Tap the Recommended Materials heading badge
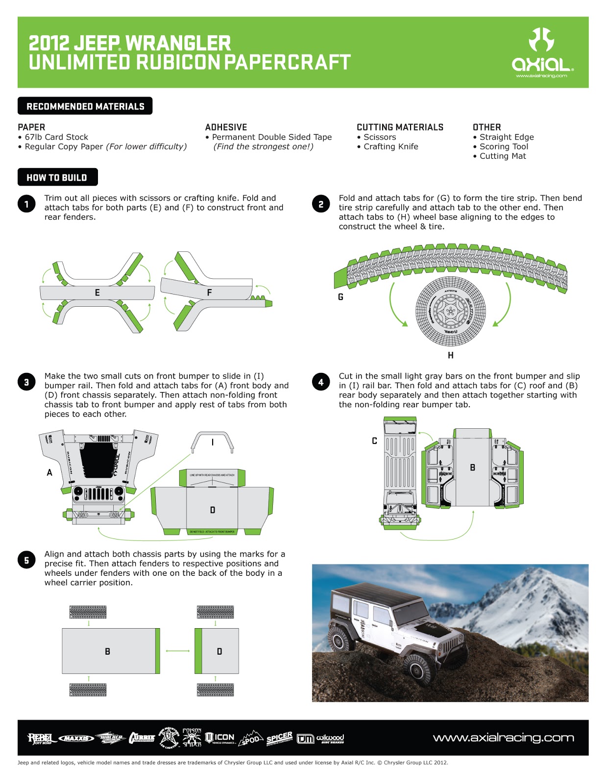pos(85,106)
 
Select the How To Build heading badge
pos(57,177)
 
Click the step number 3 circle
pos(26,382)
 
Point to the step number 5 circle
pos(26,560)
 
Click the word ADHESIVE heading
pos(226,127)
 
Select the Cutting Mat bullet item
pos(502,156)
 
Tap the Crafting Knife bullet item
pos(390,147)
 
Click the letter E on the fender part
pos(97,293)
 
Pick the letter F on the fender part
pos(209,293)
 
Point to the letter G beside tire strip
pos(340,297)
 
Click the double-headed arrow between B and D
pos(178,651)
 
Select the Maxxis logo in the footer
pos(76,738)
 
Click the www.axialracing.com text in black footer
pos(503,738)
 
